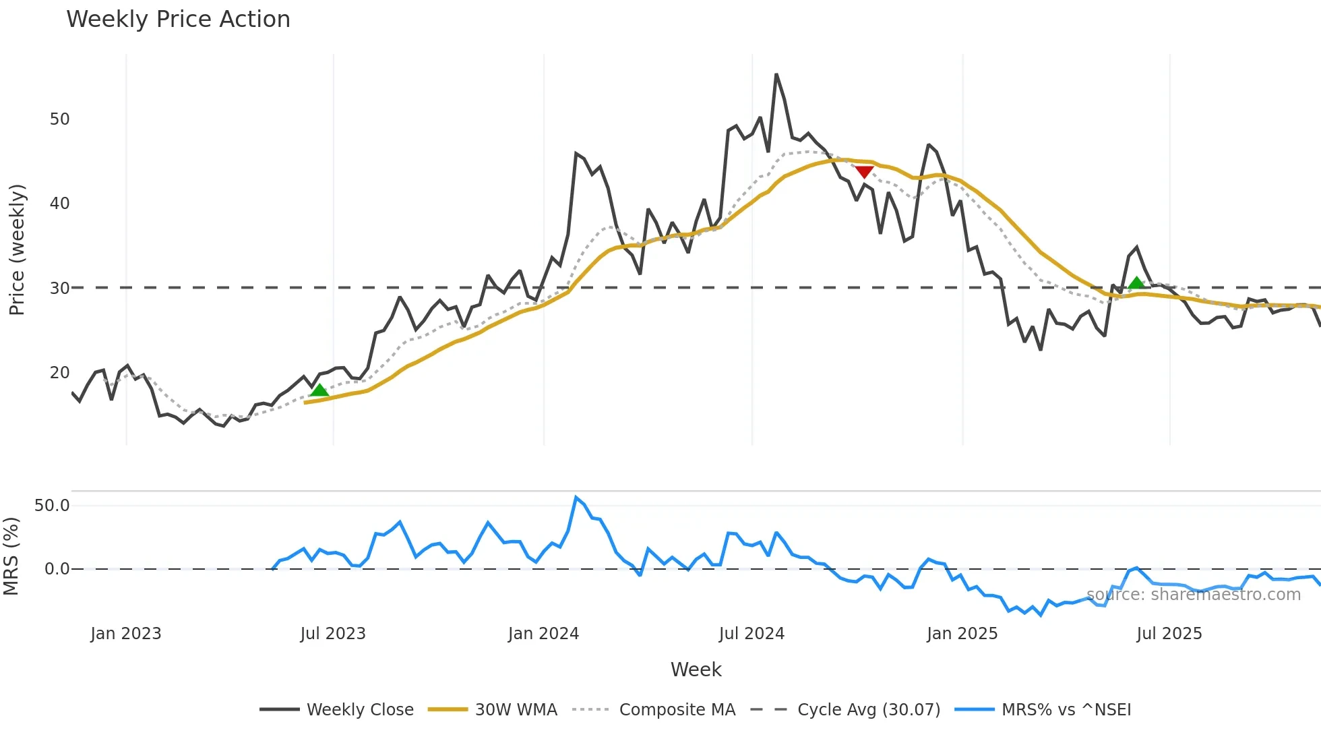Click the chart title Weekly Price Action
point(178,20)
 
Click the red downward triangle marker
point(864,172)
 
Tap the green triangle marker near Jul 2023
point(319,390)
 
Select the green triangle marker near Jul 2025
point(1136,283)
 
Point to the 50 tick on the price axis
point(59,119)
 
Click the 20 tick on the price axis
point(59,373)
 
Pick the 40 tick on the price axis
point(59,204)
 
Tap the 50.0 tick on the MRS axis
point(52,506)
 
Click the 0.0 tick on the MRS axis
point(57,569)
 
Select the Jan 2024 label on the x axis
point(543,634)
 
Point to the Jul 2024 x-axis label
point(751,634)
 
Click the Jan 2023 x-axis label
point(126,634)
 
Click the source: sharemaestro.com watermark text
point(1193,595)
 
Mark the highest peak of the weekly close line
point(776,75)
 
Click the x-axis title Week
point(696,670)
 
